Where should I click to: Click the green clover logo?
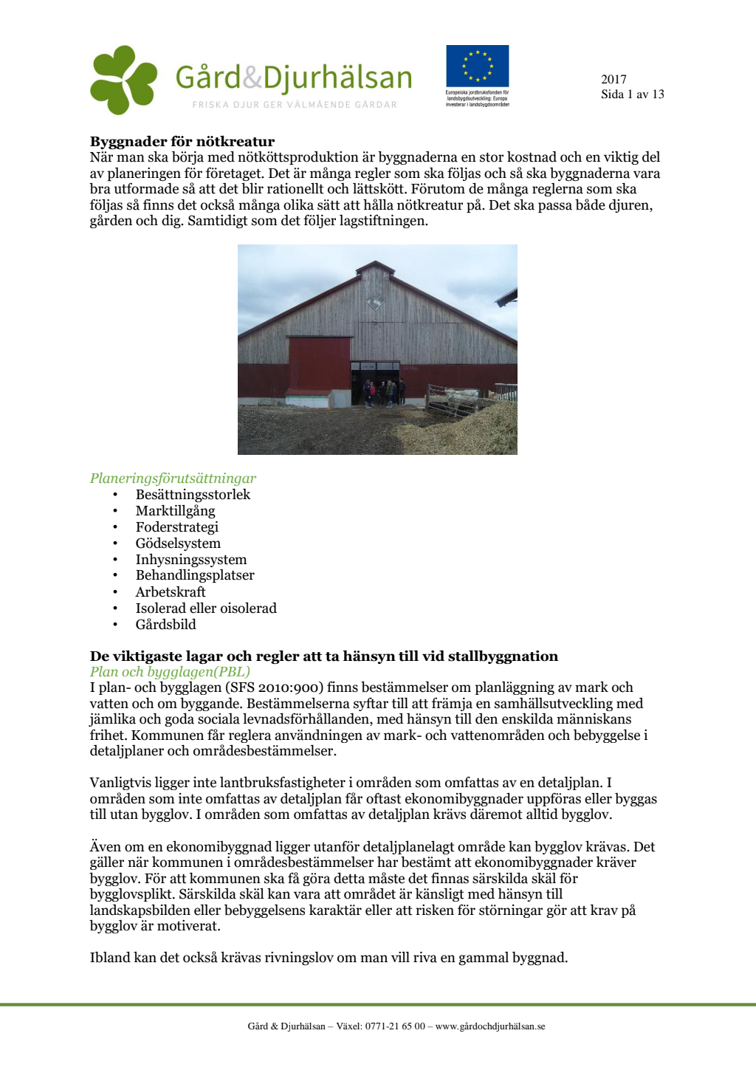pos(123,80)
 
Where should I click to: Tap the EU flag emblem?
pos(477,66)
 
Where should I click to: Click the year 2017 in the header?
pos(614,79)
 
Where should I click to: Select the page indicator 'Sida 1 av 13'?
pos(632,95)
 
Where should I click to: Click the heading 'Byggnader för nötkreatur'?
pos(182,142)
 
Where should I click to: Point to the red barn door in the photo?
pos(319,372)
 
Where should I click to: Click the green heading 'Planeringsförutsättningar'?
pos(173,479)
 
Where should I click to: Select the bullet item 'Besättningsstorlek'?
pos(193,495)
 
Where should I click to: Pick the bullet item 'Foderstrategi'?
pos(176,527)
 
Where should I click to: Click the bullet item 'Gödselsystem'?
pos(178,543)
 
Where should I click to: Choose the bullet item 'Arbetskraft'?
pos(171,592)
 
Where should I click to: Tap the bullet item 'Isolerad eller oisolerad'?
pos(206,608)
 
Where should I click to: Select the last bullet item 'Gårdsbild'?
pos(165,625)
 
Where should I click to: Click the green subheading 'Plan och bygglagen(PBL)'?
pos(170,672)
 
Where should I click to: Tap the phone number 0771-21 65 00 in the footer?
pos(395,1026)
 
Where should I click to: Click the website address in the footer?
pos(490,1026)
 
